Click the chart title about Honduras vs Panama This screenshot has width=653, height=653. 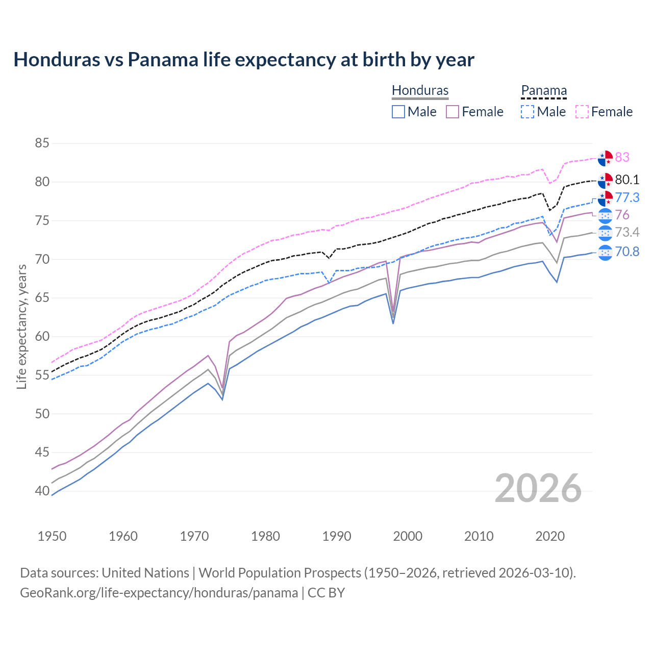click(x=244, y=60)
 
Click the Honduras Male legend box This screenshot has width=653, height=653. click(x=398, y=112)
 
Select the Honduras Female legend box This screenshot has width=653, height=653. click(x=453, y=112)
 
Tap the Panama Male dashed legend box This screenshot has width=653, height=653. click(x=528, y=112)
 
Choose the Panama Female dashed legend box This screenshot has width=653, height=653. click(x=582, y=112)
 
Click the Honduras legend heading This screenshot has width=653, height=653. click(x=420, y=90)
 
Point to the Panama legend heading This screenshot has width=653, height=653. click(x=544, y=90)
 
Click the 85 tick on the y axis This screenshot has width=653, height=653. click(x=42, y=143)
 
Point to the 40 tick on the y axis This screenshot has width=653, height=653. click(x=42, y=491)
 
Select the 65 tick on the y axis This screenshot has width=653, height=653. click(x=42, y=298)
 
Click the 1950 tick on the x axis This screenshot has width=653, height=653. click(x=52, y=536)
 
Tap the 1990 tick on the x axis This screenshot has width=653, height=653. click(x=337, y=536)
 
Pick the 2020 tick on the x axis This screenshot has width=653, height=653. click(x=550, y=536)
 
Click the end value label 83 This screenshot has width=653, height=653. click(x=622, y=158)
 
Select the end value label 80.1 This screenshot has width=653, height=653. click(x=627, y=180)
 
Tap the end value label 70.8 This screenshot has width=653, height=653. click(x=627, y=252)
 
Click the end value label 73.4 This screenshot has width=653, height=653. click(x=627, y=233)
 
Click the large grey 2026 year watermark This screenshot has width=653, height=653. click(x=538, y=488)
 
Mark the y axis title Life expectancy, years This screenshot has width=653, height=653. click(x=21, y=326)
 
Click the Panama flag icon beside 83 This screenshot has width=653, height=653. click(x=605, y=158)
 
